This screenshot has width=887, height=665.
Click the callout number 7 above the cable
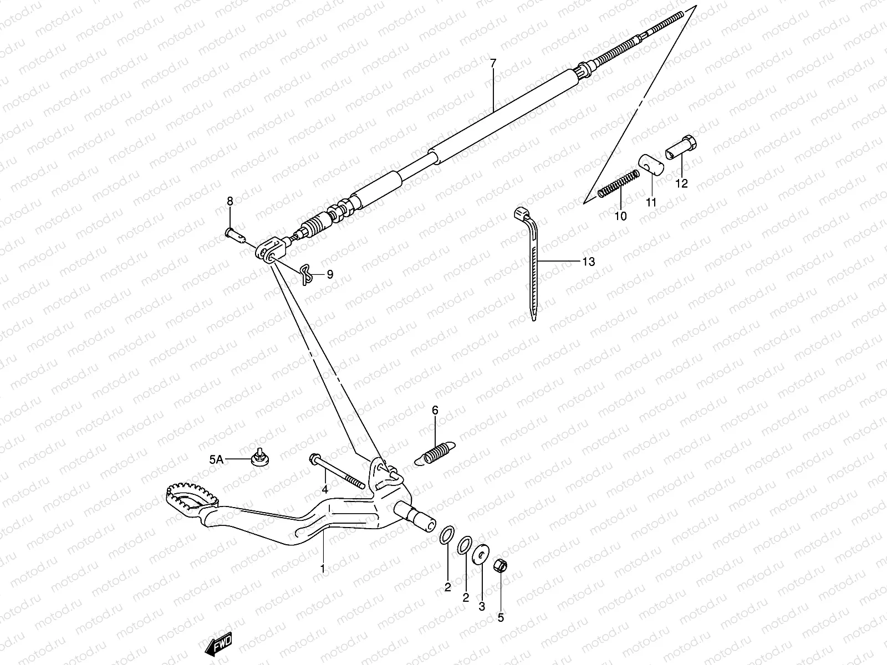click(x=493, y=63)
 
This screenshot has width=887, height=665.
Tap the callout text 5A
click(x=216, y=459)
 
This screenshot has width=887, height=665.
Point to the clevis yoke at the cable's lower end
click(x=271, y=249)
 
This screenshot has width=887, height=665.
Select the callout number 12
click(x=681, y=183)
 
